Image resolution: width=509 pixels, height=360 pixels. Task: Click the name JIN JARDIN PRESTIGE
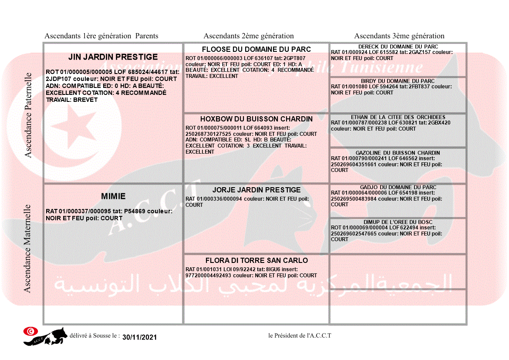click(x=113, y=57)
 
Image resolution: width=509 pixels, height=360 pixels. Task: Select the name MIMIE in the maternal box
click(x=113, y=196)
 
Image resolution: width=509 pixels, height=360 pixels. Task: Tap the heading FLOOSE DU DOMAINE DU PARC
click(x=256, y=49)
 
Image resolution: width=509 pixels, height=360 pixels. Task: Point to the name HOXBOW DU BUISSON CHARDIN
click(x=256, y=119)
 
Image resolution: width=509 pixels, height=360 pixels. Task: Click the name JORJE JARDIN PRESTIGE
click(x=256, y=190)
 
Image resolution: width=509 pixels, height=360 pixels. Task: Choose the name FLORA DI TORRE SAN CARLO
click(x=256, y=260)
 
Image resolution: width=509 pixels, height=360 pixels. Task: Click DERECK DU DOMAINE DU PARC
click(x=398, y=47)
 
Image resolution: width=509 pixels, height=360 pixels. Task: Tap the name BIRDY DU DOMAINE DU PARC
click(x=398, y=81)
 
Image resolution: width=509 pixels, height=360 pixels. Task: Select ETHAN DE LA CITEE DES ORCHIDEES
click(x=398, y=117)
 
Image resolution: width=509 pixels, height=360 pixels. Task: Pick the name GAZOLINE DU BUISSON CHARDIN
click(x=398, y=153)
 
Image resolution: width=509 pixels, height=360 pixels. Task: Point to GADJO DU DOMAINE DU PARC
click(x=398, y=187)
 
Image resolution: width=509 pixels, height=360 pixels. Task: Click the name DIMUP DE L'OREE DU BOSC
click(x=398, y=222)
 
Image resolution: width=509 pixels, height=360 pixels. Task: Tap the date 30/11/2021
click(x=139, y=337)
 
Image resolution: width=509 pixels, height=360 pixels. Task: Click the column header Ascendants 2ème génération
click(x=249, y=36)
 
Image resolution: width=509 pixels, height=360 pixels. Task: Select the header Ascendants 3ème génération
click(x=399, y=36)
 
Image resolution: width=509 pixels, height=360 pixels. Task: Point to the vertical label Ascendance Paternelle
click(x=28, y=115)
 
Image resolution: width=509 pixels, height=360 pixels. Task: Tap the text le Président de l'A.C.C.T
click(x=300, y=336)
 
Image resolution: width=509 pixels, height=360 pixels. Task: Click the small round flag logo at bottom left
click(x=30, y=331)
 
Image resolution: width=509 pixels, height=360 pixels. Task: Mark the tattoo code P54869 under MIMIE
click(x=134, y=211)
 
